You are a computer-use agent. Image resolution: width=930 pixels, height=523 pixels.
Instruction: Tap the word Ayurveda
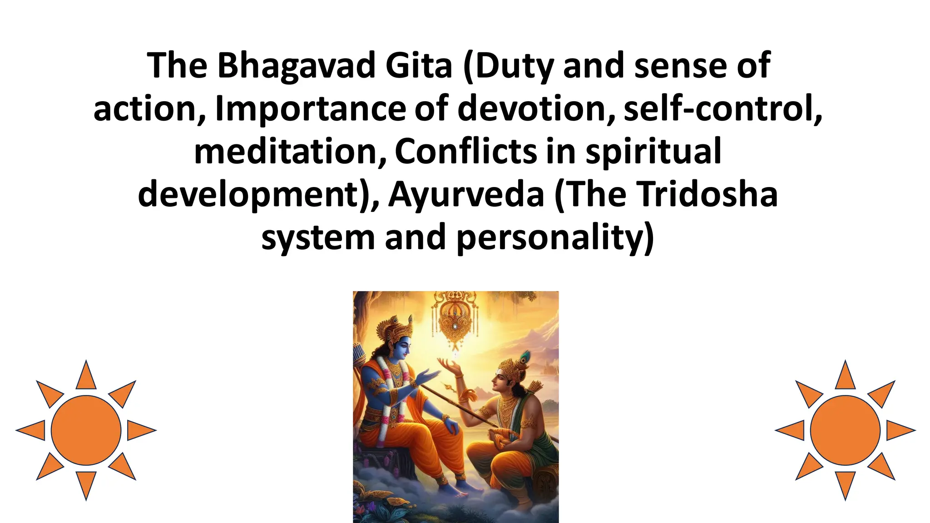pyautogui.click(x=466, y=195)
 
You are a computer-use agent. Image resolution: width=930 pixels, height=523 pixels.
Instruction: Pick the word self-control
pyautogui.click(x=722, y=109)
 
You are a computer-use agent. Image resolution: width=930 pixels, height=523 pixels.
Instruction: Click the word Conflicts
pyautogui.click(x=466, y=152)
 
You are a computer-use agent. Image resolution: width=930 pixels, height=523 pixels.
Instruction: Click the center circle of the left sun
pyautogui.click(x=86, y=430)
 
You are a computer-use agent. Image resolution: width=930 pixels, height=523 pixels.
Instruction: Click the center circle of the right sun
pyautogui.click(x=845, y=430)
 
